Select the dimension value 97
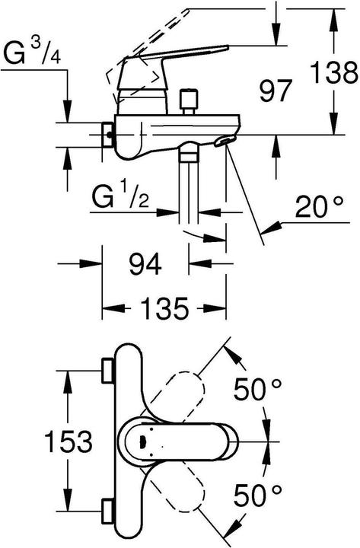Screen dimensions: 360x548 point(275,91)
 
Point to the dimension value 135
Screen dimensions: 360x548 point(164,308)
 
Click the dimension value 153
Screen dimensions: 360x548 point(69,441)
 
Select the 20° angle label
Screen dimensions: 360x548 point(319,206)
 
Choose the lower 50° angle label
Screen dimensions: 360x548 point(257,495)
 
